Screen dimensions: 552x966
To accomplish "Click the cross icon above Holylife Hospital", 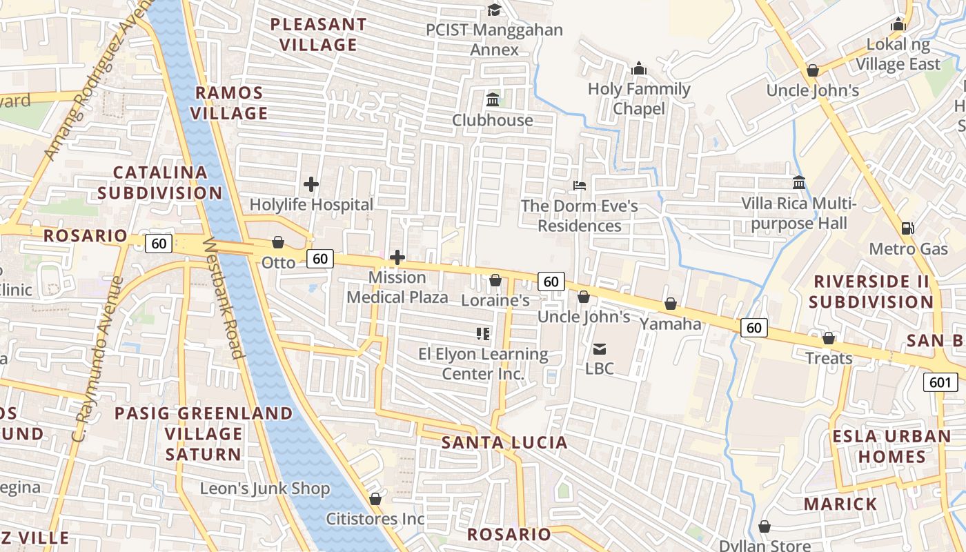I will coord(311,184).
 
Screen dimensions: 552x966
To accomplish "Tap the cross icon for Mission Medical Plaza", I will coord(397,258).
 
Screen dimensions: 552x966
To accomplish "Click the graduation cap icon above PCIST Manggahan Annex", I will coord(494,10).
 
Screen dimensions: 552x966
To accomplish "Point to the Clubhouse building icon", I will coord(493,100).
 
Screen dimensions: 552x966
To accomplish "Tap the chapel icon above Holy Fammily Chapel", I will coord(639,69).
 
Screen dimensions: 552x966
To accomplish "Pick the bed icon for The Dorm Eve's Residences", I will coord(580,186).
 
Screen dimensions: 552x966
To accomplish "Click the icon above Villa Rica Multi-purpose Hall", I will coord(799,183).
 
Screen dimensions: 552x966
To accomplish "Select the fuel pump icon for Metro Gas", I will coord(908,228).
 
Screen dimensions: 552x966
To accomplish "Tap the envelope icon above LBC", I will coord(599,349).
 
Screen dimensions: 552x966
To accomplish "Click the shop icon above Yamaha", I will coord(670,304).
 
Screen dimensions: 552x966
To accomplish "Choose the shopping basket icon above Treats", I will coord(829,339).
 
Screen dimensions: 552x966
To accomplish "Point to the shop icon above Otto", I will coord(278,243).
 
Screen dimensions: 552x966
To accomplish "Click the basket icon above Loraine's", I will coord(495,281).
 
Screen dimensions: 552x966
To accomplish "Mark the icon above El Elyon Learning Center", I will coord(483,335).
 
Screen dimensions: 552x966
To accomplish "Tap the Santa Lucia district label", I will coord(504,443).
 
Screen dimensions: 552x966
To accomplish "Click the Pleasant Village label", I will coord(318,34).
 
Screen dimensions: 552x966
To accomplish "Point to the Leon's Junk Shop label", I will coord(265,489).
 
